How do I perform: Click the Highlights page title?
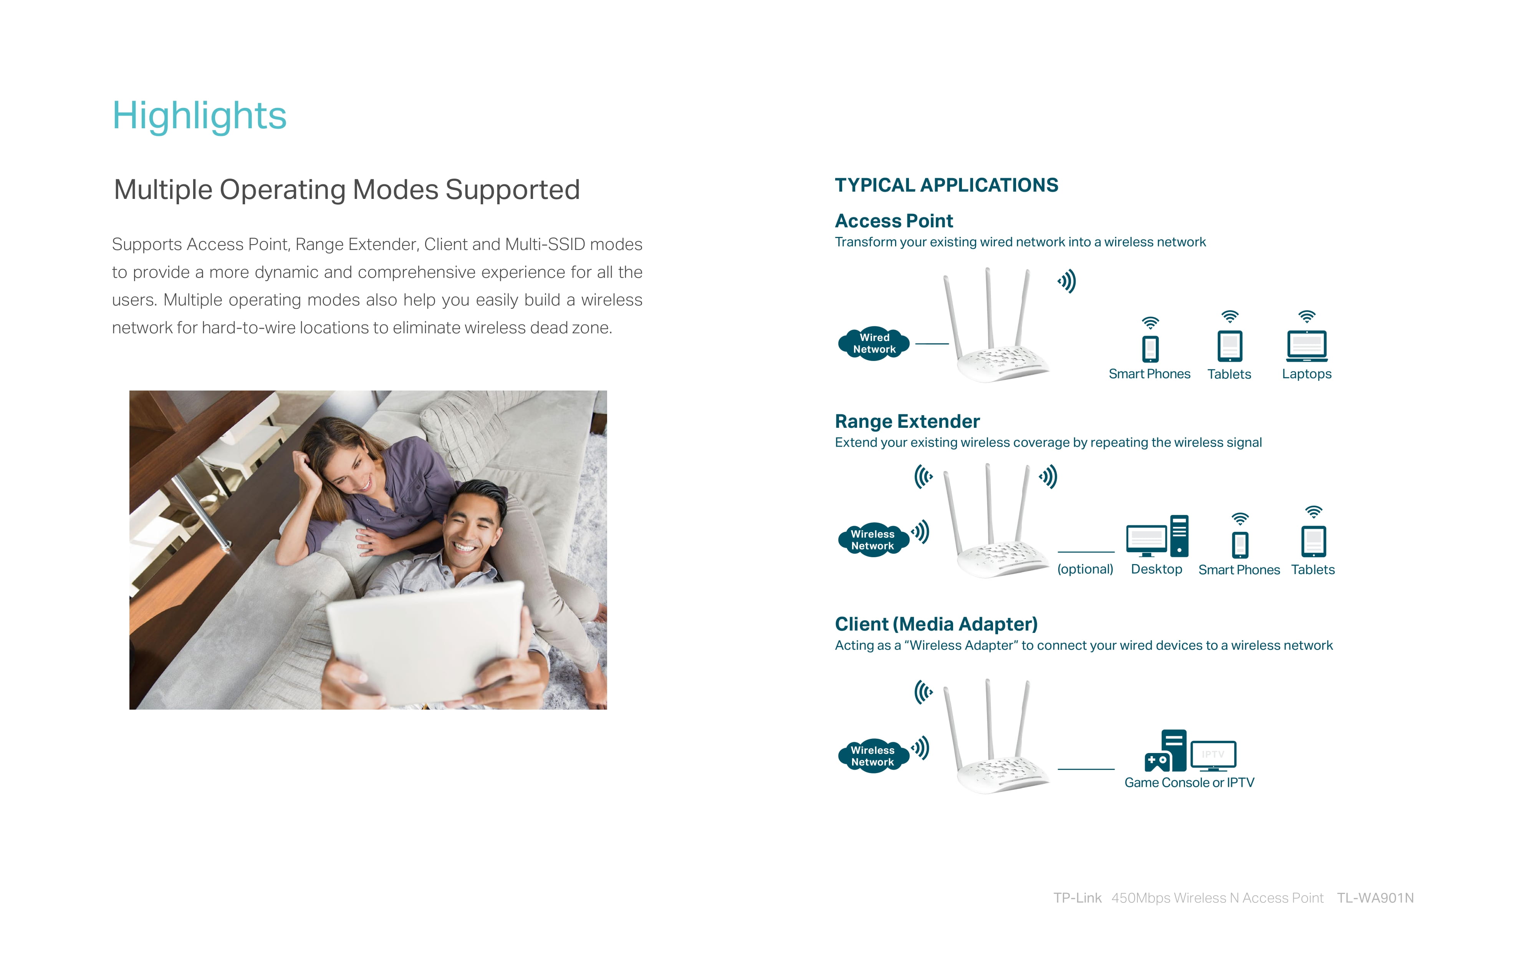pos(199,116)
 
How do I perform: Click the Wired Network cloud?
pos(874,344)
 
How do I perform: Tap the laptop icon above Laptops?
pos(1307,346)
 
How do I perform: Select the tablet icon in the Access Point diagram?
pos(1230,346)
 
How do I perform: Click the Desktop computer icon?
pos(1157,536)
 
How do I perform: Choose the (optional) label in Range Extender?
pos(1085,569)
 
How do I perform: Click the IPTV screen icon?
pos(1213,756)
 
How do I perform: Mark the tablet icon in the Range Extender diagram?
pos(1313,541)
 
